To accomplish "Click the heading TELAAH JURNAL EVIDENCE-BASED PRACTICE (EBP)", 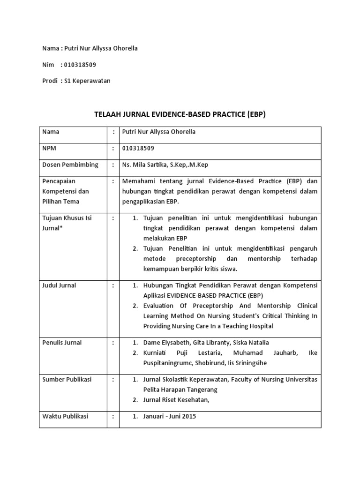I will tap(180, 114).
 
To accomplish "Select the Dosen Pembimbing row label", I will tap(70, 165).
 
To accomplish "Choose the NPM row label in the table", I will tap(51, 148).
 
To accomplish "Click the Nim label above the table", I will tap(48, 65).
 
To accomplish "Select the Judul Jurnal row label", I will tap(59, 285).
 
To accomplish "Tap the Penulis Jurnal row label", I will tap(62, 343).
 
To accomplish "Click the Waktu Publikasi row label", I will tap(65, 416).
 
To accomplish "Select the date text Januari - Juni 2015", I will tap(170, 416).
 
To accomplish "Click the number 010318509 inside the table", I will tap(138, 148).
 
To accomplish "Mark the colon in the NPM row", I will tap(113, 148).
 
